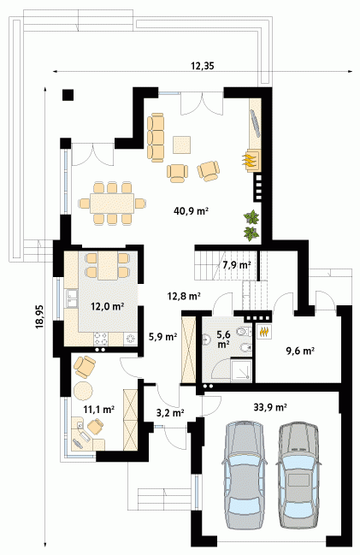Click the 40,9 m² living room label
[x=191, y=211]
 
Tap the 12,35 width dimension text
[x=203, y=66]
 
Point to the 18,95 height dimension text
[x=39, y=316]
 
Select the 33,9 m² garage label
[x=270, y=407]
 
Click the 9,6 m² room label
[x=300, y=351]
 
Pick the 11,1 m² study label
[x=98, y=410]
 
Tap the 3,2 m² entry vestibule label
[x=169, y=412]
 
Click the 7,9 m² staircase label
[x=237, y=265]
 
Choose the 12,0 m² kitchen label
[x=107, y=306]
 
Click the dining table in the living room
[x=112, y=203]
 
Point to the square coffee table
[x=182, y=145]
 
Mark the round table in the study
[x=84, y=391]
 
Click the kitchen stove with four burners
[x=101, y=339]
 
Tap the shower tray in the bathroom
[x=241, y=371]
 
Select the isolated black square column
[x=68, y=95]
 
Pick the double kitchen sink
[x=72, y=298]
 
